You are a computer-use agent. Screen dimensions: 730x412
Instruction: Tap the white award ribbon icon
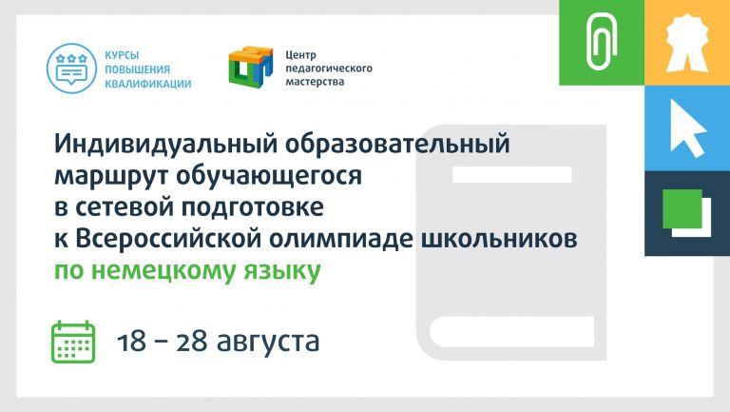[687, 42]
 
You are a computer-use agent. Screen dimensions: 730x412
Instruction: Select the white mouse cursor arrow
[686, 128]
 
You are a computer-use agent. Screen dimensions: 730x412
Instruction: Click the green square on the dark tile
[682, 208]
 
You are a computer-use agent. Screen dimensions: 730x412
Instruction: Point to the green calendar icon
[73, 342]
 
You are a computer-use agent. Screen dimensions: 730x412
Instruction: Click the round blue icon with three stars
[71, 69]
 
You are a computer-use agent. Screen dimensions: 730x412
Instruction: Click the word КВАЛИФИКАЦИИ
[148, 85]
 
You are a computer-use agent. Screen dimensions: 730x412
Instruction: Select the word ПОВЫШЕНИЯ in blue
[137, 69]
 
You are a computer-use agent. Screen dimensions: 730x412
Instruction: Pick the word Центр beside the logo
[300, 55]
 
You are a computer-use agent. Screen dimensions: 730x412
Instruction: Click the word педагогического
[329, 69]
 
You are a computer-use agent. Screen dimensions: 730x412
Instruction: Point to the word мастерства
[308, 82]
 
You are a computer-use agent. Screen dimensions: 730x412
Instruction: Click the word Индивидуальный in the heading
[166, 144]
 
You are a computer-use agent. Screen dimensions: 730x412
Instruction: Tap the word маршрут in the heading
[111, 176]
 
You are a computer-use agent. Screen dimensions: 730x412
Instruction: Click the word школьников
[499, 239]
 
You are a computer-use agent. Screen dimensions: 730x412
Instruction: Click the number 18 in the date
[131, 342]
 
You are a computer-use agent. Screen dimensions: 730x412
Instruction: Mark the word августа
[268, 343]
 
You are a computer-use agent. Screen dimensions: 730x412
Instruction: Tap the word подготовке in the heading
[252, 207]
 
